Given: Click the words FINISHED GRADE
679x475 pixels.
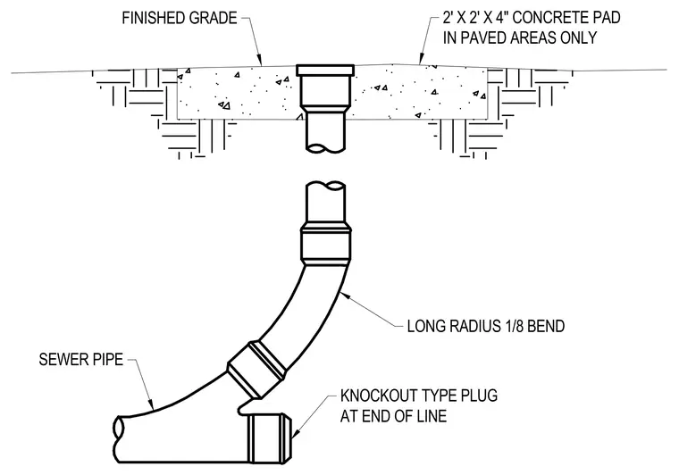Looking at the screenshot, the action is click(180, 18).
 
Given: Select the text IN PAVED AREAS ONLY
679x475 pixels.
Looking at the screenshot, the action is click(520, 37).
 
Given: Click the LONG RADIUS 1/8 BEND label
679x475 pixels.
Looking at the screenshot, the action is click(486, 326).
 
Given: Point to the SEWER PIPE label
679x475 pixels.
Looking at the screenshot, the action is click(81, 360).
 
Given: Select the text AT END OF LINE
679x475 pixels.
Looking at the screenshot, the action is click(393, 416).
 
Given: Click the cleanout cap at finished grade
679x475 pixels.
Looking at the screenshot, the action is click(325, 70).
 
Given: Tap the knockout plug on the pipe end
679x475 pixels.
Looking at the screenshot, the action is click(270, 438).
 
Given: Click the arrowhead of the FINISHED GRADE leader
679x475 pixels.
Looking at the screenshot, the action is click(260, 62).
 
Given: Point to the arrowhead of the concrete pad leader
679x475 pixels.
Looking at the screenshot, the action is click(420, 61).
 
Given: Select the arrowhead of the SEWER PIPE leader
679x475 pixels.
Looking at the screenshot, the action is click(152, 404).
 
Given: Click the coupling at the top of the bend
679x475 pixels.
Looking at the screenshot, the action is click(325, 246).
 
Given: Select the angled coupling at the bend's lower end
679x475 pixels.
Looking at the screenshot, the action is click(256, 369).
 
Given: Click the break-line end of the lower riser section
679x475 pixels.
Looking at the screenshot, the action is click(325, 186).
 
